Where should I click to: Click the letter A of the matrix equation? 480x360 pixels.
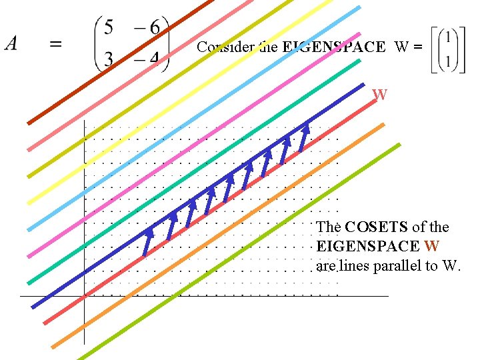coord(11,44)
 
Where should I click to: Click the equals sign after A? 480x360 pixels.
coord(57,44)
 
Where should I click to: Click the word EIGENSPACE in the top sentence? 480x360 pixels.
coord(333,47)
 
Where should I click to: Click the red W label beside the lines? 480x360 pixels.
coord(379,95)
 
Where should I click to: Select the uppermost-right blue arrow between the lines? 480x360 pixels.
coord(304,136)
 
